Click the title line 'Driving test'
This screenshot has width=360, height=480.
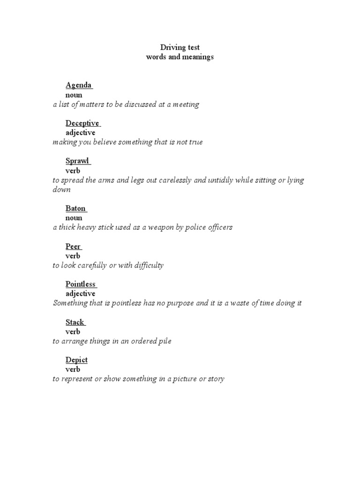(180, 47)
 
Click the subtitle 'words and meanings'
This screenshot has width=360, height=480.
(180, 57)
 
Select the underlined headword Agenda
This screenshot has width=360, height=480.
(78, 85)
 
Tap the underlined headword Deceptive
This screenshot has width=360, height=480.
(82, 123)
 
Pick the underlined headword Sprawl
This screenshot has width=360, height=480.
(77, 161)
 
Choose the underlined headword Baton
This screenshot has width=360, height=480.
(75, 209)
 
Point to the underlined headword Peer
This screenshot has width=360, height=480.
(73, 247)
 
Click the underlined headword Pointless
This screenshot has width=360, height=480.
(81, 284)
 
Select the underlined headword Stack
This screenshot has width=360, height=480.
(75, 322)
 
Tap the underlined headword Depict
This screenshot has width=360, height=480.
(76, 360)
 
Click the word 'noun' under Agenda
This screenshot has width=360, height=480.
(74, 95)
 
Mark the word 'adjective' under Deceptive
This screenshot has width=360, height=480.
(80, 133)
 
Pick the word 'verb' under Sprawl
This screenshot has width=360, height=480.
(73, 171)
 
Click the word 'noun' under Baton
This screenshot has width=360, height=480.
(74, 218)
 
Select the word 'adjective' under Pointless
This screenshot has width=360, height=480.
(80, 294)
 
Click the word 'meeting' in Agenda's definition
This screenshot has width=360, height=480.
(186, 105)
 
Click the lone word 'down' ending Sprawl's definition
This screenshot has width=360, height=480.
(61, 190)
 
